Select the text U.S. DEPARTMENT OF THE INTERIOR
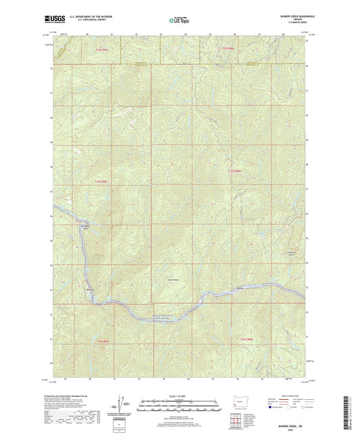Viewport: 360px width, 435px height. click(x=85, y=16)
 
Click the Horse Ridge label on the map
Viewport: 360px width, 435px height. click(x=165, y=280)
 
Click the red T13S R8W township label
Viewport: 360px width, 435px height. click(x=234, y=170)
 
